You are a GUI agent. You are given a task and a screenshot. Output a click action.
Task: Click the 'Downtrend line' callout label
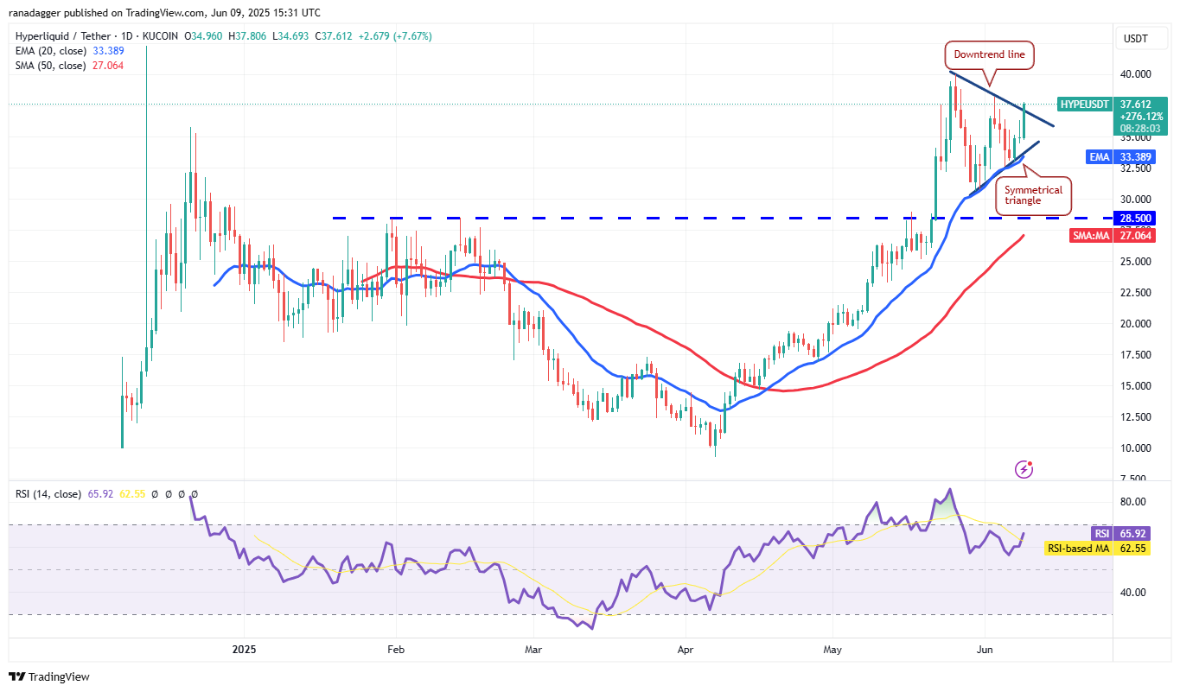[989, 54]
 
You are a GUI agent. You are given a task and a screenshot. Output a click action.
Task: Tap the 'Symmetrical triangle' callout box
[1033, 195]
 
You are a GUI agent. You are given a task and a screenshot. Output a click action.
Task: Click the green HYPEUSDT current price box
[1114, 116]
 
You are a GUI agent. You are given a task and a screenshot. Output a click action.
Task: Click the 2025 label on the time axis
[245, 649]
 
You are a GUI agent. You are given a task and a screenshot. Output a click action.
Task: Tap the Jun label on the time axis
[985, 649]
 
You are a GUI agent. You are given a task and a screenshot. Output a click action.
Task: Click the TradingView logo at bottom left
[49, 676]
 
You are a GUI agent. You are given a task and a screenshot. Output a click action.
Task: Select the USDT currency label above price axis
[1136, 38]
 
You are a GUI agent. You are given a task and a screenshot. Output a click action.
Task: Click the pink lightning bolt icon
[1024, 469]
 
